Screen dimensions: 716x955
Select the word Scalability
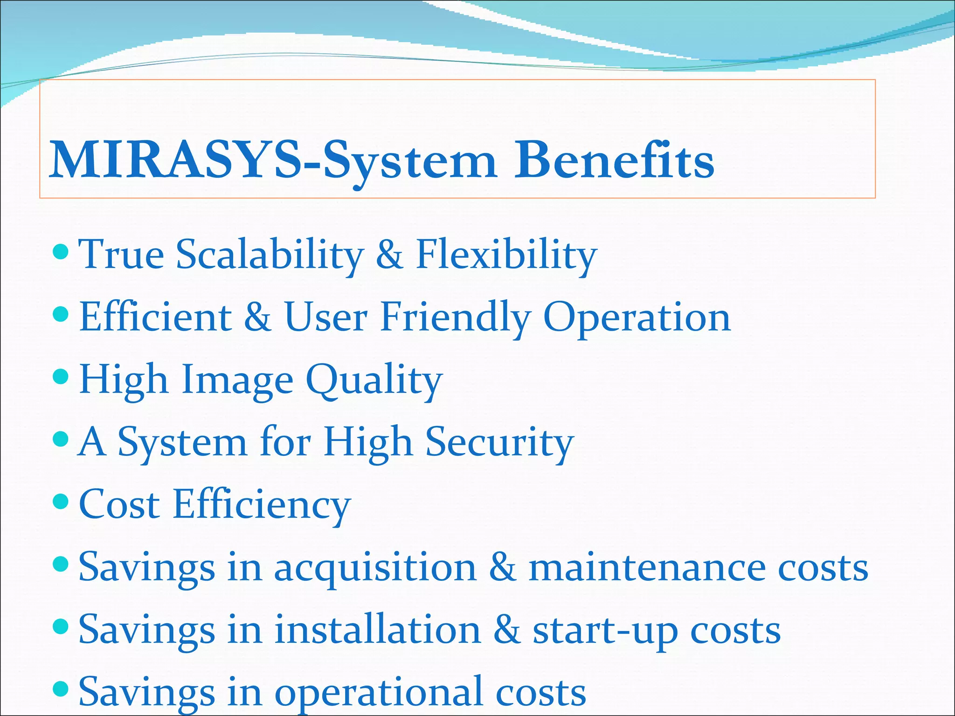coord(270,255)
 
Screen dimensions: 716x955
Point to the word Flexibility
coord(506,255)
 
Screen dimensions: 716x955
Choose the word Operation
coord(637,317)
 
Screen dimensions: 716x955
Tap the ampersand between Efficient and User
coord(257,317)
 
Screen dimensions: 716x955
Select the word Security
coord(499,442)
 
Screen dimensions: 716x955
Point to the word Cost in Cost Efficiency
coord(119,504)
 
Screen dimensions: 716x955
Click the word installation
coord(378,629)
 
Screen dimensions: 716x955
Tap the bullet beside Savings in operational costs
coord(61,688)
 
